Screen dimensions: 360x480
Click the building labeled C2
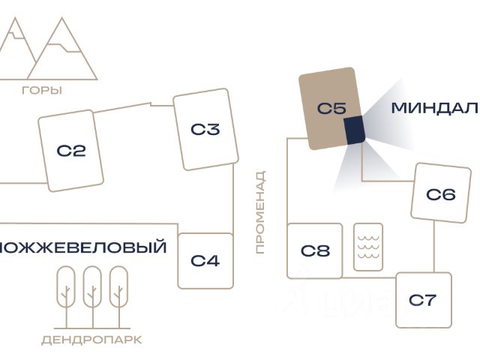click(x=71, y=150)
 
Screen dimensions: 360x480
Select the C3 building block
click(x=205, y=129)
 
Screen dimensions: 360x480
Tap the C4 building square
click(x=205, y=261)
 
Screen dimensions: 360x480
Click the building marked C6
click(x=440, y=194)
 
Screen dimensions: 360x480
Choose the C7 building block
click(x=423, y=300)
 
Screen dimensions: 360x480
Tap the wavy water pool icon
click(x=368, y=247)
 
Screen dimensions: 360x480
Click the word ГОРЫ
click(x=42, y=91)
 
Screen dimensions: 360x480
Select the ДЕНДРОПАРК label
click(x=91, y=340)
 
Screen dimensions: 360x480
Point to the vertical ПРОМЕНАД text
click(x=260, y=212)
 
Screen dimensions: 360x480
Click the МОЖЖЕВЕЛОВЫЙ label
click(x=82, y=247)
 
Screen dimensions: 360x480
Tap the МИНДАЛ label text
click(x=433, y=108)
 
